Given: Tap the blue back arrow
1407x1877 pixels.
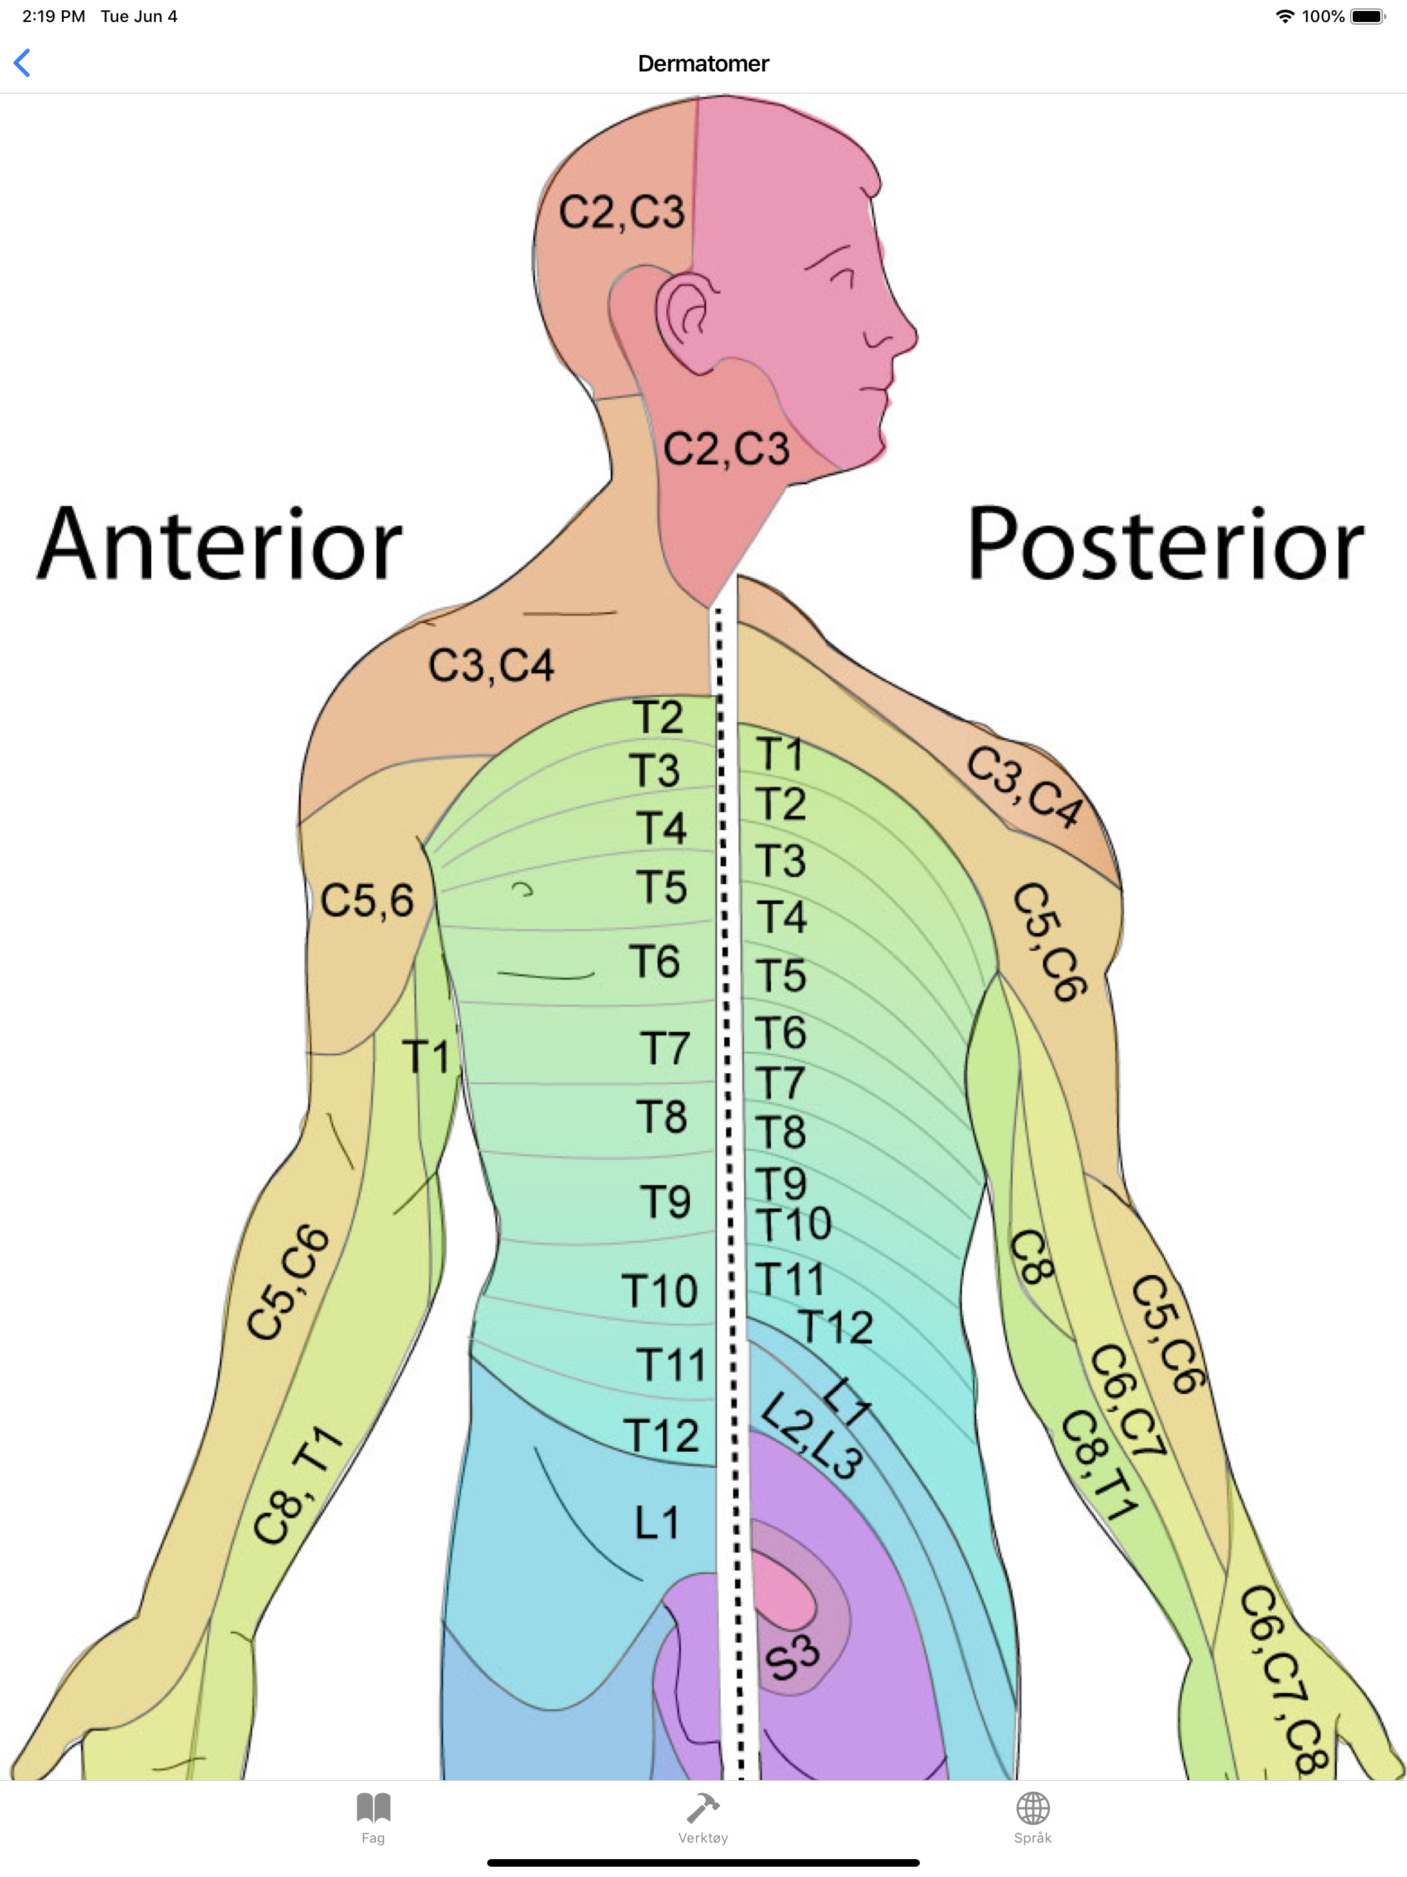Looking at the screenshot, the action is click(x=23, y=63).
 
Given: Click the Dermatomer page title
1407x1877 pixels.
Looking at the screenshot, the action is click(x=703, y=64).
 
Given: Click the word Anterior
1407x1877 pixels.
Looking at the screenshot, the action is click(x=220, y=544).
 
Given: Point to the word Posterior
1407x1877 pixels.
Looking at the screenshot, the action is click(x=1166, y=544).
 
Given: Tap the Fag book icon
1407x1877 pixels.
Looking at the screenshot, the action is click(x=373, y=1808).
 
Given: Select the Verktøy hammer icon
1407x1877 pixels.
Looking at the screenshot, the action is click(x=703, y=1808).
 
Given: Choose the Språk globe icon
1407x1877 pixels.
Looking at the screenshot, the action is click(x=1033, y=1808).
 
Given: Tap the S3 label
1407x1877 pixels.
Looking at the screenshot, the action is click(x=791, y=1656).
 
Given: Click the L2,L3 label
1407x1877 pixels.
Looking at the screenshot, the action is click(x=811, y=1437).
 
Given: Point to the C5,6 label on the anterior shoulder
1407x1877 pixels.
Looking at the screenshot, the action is click(x=367, y=900).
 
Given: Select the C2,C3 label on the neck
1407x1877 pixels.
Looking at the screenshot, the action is click(x=726, y=448).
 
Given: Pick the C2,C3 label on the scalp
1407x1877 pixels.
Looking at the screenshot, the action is click(x=622, y=212).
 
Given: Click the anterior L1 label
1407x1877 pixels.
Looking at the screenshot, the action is click(x=657, y=1523).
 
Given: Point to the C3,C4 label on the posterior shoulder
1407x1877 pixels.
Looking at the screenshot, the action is click(x=1025, y=787).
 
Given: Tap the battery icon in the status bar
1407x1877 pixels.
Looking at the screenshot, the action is click(x=1368, y=16).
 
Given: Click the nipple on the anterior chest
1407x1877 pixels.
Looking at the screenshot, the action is click(x=523, y=889).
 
